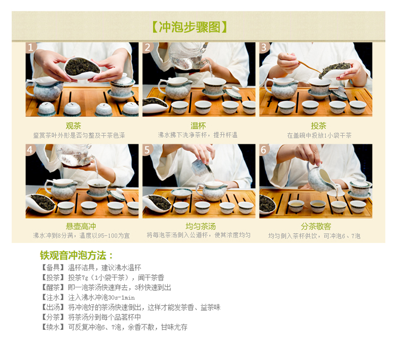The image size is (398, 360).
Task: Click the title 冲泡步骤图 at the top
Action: [x=189, y=27]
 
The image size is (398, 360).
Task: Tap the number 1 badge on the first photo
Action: [x=31, y=47]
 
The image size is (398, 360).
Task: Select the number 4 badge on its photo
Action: [x=30, y=150]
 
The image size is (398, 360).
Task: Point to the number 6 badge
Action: [x=264, y=150]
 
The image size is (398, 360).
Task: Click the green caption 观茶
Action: [x=73, y=126]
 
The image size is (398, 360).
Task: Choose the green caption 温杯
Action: [x=198, y=126]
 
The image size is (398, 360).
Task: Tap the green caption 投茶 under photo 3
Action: [x=318, y=126]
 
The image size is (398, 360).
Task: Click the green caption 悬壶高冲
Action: [x=81, y=226]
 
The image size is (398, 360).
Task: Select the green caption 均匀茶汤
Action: [x=201, y=226]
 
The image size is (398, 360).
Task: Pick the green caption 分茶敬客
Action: [x=316, y=226]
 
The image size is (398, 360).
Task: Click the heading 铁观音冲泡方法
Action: [x=76, y=256]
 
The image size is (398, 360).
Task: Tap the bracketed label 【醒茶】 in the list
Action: [x=53, y=287]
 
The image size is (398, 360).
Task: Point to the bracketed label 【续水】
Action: [x=53, y=327]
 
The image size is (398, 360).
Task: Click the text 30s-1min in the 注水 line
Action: [x=122, y=297]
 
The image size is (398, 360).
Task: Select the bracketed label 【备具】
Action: [x=53, y=267]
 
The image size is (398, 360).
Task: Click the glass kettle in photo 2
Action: [x=187, y=55]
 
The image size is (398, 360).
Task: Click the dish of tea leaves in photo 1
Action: [x=82, y=68]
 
